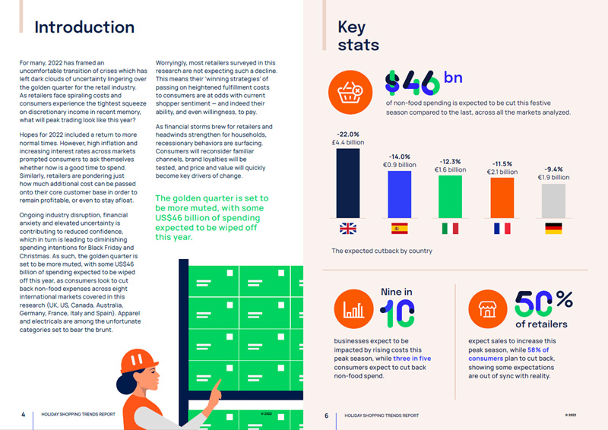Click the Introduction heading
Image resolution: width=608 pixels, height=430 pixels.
pyautogui.click(x=84, y=27)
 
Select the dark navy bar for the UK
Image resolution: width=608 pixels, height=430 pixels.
pyautogui.click(x=348, y=182)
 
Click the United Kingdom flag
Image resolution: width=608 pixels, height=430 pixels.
pyautogui.click(x=348, y=228)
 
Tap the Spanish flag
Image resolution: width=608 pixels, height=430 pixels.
pyautogui.click(x=400, y=228)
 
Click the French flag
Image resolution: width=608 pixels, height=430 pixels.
pyautogui.click(x=502, y=228)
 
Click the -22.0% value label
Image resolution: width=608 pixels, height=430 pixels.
pyautogui.click(x=349, y=134)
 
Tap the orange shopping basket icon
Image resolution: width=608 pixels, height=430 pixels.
pyautogui.click(x=350, y=91)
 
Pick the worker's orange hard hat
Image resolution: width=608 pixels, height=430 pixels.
pyautogui.click(x=138, y=361)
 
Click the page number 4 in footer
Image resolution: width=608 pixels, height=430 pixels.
pyautogui.click(x=23, y=415)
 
